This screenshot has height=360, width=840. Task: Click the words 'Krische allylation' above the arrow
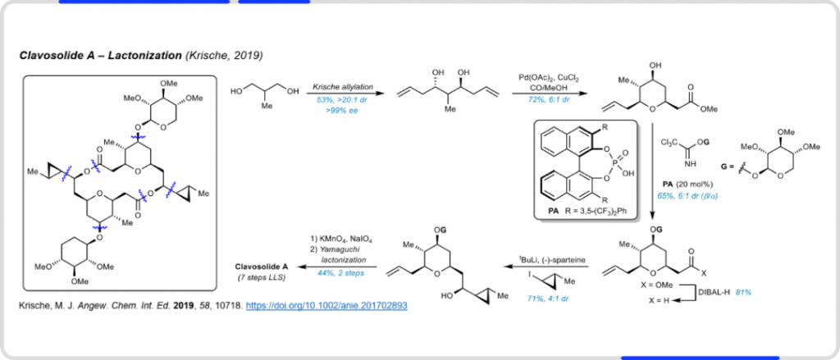[337, 85]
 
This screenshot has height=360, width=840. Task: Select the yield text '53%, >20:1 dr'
[336, 99]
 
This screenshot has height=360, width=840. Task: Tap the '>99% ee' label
[336, 108]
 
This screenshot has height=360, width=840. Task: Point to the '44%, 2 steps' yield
[340, 271]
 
